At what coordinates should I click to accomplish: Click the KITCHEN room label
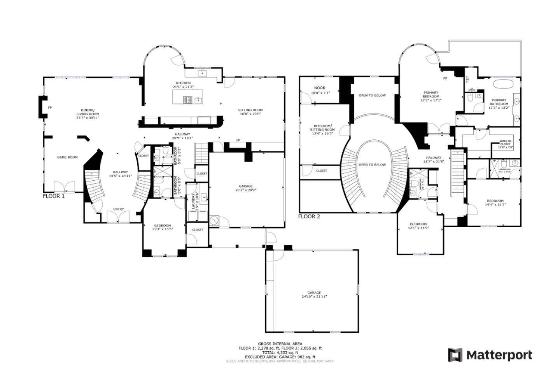pos(183,83)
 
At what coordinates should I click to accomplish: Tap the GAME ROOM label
pos(67,157)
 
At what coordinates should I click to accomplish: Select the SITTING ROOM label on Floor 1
pos(250,110)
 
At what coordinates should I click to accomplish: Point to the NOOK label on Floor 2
pos(320,88)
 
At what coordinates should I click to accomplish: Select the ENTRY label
pos(119,209)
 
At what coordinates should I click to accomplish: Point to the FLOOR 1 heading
pos(54,196)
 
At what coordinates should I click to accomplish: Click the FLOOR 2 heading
pos(309,216)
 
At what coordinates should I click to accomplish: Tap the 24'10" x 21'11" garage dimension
pos(314,296)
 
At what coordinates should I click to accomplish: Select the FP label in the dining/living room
pos(50,108)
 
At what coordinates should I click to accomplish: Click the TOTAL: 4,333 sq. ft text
pos(280,353)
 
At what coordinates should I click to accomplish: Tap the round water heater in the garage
pos(215,221)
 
